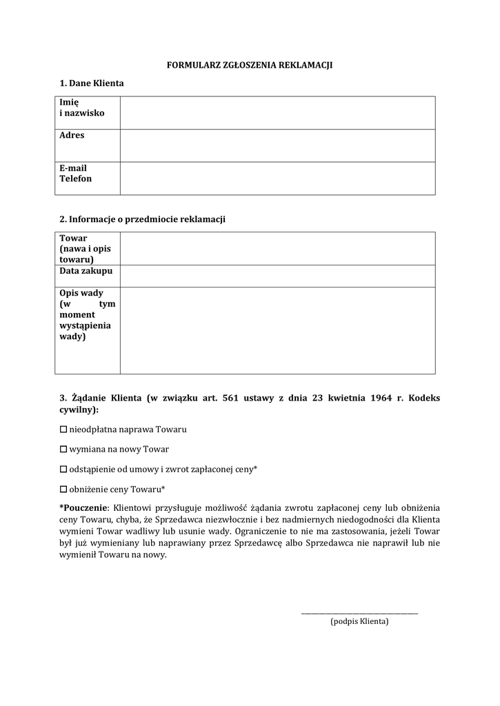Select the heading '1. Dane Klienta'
tap(92, 83)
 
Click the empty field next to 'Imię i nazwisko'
tap(277, 112)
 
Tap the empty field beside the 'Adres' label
tap(277, 145)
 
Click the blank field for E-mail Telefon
tap(277, 178)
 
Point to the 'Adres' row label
tap(72, 135)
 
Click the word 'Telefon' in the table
tap(75, 179)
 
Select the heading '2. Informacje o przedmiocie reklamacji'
tap(143, 219)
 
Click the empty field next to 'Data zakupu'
tap(277, 276)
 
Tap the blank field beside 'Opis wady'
tap(277, 330)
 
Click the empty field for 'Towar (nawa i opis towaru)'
tap(277, 248)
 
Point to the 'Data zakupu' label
tap(86, 272)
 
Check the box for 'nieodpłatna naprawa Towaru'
tap(64, 430)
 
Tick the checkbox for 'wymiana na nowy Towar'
tap(64, 450)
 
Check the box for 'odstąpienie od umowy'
tap(64, 470)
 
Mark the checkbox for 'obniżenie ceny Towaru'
tap(64, 490)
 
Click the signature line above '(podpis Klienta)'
tap(359, 612)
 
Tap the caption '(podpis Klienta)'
tap(359, 621)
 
